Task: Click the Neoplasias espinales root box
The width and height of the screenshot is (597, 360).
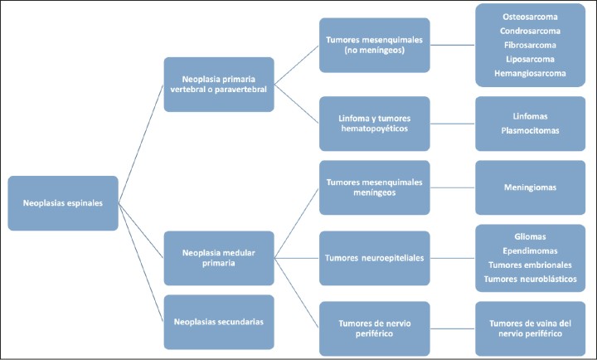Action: pos(62,202)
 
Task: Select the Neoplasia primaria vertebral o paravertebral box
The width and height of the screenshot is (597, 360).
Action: pos(219,84)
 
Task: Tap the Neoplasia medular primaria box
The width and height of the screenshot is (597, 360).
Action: pos(219,258)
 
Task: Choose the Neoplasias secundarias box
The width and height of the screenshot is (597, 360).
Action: pos(219,321)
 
